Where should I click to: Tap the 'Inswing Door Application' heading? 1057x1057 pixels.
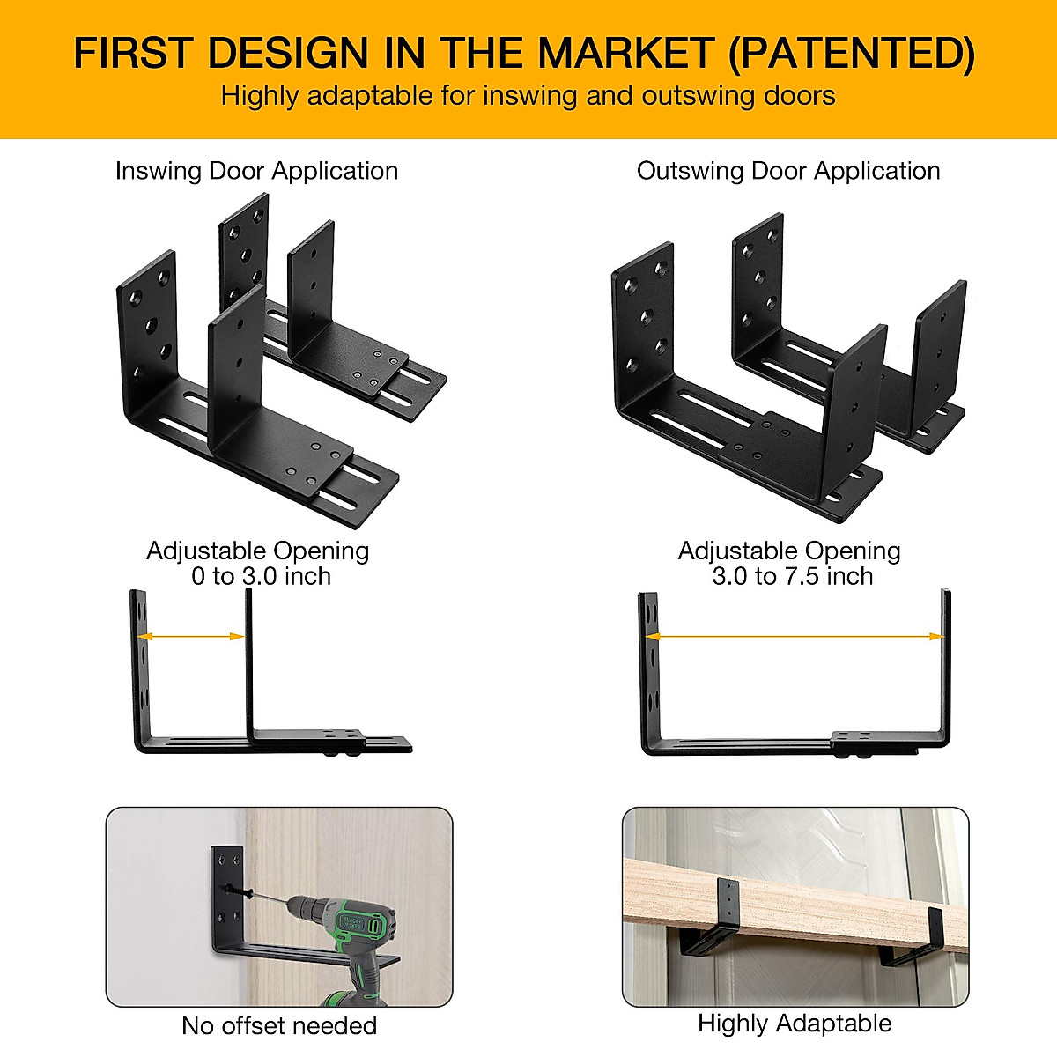[x=256, y=171]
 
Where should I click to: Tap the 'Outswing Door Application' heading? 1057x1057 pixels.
[x=788, y=171]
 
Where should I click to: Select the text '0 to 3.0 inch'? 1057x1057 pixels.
[x=261, y=577]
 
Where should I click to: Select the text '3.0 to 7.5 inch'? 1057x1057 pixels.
[x=792, y=577]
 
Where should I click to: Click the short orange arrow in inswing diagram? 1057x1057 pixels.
[x=192, y=636]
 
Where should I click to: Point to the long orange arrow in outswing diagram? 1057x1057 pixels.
[x=795, y=636]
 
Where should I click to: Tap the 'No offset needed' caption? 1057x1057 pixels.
[x=278, y=1026]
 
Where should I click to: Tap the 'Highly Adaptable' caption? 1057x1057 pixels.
[x=794, y=1024]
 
